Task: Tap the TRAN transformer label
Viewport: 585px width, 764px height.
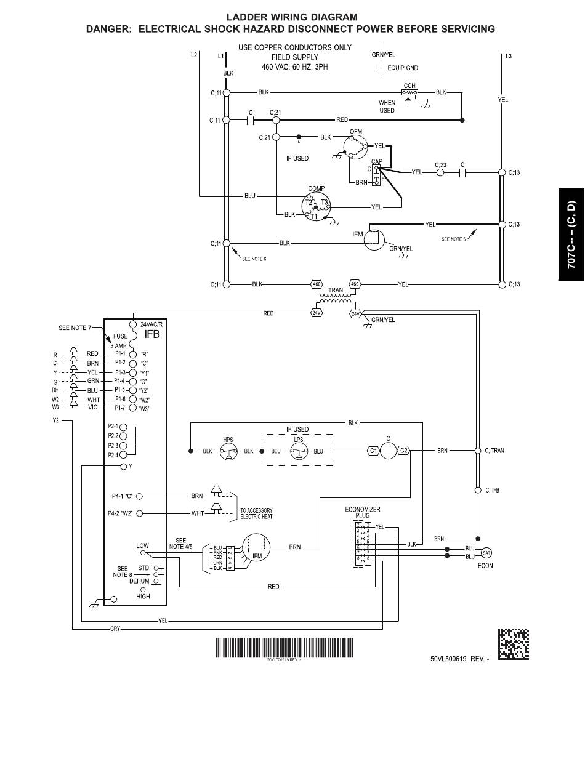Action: click(x=336, y=289)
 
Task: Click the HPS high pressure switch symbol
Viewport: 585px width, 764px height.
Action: click(x=227, y=451)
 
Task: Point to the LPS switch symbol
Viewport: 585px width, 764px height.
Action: click(x=298, y=451)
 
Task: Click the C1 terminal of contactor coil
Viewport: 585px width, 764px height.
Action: click(x=373, y=451)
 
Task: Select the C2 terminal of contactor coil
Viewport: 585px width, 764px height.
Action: click(x=404, y=451)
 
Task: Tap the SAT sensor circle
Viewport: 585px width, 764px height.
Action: click(x=486, y=552)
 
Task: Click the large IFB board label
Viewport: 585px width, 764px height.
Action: click(x=152, y=334)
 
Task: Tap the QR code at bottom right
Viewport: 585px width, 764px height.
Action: click(x=514, y=643)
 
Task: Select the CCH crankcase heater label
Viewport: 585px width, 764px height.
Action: click(x=409, y=86)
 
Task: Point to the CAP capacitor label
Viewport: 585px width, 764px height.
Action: click(x=377, y=162)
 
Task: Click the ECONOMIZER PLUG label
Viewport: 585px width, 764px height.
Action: click(x=362, y=513)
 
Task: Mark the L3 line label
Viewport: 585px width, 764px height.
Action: click(x=508, y=57)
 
